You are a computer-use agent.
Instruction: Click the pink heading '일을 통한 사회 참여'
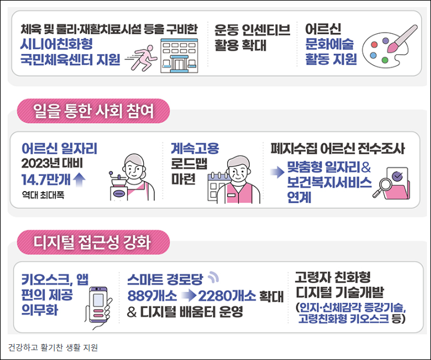[x=93, y=111]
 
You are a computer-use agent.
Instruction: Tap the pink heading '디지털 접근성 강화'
[x=93, y=240]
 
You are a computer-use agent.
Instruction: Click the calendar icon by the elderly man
[x=220, y=185]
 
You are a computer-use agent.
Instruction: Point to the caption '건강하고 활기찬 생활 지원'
[x=53, y=348]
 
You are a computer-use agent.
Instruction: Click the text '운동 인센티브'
[x=252, y=30]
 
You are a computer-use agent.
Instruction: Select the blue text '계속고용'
[x=195, y=149]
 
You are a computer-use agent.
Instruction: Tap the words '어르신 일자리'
[x=59, y=149]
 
